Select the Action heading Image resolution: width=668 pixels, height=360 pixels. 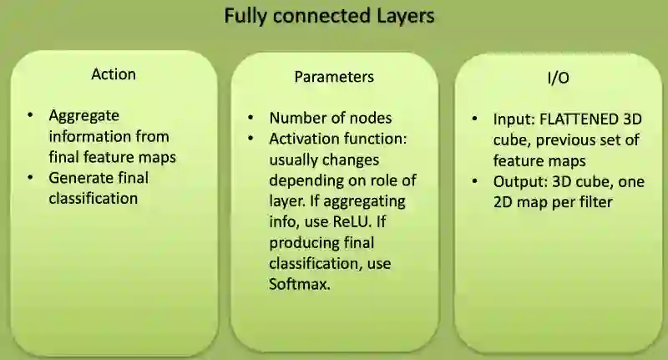[114, 74]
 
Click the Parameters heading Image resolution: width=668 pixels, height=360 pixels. [334, 77]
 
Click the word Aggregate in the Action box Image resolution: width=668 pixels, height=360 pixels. [84, 115]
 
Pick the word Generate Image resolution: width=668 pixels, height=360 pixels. [83, 177]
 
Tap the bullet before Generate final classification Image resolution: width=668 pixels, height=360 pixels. [31, 177]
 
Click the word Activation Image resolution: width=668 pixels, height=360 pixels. [302, 139]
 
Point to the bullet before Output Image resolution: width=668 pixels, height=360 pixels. [474, 181]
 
